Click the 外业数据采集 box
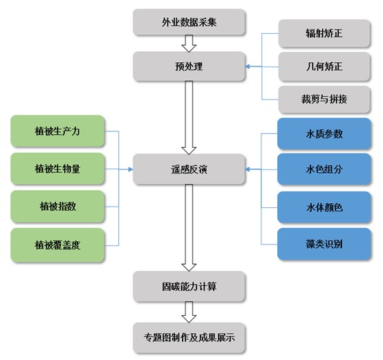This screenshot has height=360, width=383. coord(189,22)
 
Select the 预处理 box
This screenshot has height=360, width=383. coord(189,66)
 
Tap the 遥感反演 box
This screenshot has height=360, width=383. coord(189,169)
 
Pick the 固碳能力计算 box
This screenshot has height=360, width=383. coord(189,286)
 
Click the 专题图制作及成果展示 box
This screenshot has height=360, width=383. coord(189,338)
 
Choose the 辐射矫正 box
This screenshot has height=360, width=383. coord(324,33)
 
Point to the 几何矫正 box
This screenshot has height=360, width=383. coord(324,66)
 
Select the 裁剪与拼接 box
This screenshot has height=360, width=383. coord(324,100)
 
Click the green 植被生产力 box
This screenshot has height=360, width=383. coord(57,131)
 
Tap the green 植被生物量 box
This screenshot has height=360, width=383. coord(57,169)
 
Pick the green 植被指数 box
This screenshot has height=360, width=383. coord(57,207)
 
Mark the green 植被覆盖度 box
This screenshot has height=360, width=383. coord(57,245)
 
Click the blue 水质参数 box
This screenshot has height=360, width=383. coord(324,134)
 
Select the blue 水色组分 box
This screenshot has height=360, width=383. coord(324,169)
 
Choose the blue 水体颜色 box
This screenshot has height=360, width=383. coord(324,207)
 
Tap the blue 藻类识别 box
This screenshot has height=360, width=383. coord(324,244)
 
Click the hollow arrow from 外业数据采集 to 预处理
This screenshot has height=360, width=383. coord(189,44)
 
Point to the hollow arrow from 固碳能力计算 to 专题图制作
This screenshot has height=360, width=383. coord(189,312)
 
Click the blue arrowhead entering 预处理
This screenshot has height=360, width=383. coord(247,66)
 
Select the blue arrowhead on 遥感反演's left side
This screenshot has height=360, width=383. coord(131,169)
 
